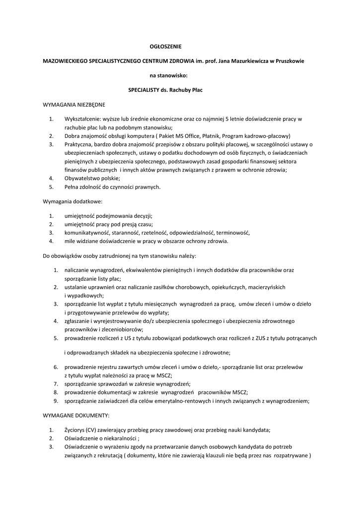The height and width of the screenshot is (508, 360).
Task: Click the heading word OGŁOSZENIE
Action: click(x=166, y=47)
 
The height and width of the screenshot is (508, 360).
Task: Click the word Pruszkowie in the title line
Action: click(x=289, y=61)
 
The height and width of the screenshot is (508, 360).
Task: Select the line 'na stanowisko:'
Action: click(x=166, y=75)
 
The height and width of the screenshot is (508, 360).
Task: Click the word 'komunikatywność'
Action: click(x=87, y=233)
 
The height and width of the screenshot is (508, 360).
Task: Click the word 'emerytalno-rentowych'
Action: click(x=181, y=401)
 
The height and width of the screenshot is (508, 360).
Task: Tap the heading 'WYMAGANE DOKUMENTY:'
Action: click(x=76, y=415)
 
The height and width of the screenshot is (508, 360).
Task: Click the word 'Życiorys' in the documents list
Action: click(x=74, y=430)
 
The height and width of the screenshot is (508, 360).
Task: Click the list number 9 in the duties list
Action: click(x=56, y=401)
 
